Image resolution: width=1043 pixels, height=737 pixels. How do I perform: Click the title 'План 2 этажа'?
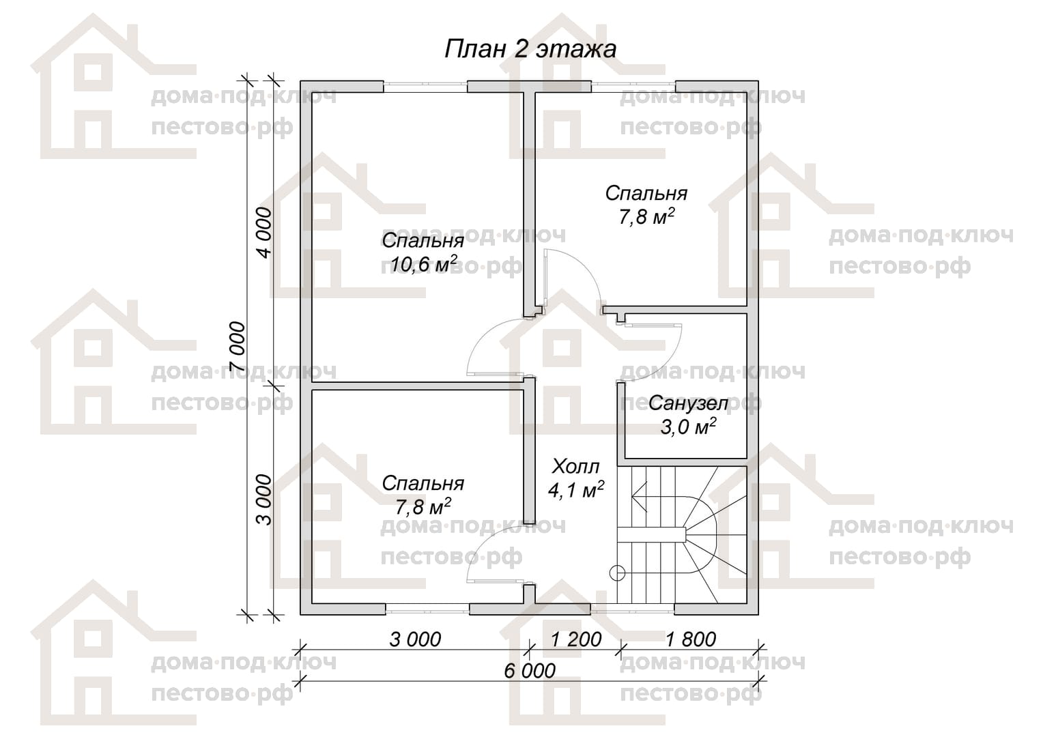(530, 49)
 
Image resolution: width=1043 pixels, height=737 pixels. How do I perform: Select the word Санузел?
(688, 403)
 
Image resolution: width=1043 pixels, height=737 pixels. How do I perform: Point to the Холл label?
(575, 466)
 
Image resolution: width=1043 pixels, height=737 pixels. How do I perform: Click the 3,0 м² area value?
(688, 427)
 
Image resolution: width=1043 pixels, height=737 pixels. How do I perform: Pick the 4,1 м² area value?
(576, 490)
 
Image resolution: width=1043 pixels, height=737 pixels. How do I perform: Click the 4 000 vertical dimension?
(264, 233)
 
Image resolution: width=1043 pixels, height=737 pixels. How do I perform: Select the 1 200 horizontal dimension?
(576, 639)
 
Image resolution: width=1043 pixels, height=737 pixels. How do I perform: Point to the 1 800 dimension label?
(691, 639)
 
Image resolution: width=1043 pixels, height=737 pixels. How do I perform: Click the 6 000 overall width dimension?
(530, 671)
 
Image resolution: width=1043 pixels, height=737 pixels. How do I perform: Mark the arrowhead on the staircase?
(638, 497)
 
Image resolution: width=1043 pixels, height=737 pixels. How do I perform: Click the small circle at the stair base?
(618, 573)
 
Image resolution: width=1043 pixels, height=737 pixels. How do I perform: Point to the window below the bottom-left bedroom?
(427, 609)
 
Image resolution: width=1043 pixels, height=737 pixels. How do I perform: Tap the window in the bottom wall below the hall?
(633, 609)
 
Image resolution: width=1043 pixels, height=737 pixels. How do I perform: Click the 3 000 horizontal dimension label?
(415, 639)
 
